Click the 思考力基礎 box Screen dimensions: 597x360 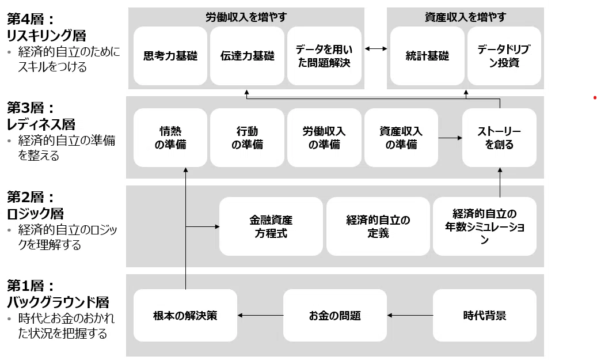pos(170,56)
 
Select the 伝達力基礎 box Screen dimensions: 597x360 pos(247,56)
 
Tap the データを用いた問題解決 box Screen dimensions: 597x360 pos(324,56)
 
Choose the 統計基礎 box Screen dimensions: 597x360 pos(427,56)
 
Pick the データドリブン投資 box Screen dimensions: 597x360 pos(504,56)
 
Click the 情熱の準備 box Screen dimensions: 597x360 pos(170,138)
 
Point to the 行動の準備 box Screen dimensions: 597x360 pos(247,138)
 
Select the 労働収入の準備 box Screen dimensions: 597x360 pos(324,138)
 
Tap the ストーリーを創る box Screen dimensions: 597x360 pos(499,138)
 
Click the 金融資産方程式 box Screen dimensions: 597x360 pos(271,226)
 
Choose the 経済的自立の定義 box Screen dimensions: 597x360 pos(378,226)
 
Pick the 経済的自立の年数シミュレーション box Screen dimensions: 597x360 pos(485,226)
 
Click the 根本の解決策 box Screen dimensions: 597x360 pos(185,316)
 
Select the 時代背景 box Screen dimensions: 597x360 pos(485,316)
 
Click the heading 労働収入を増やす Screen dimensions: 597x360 pos(246,17)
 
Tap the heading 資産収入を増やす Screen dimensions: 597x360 pos(465,17)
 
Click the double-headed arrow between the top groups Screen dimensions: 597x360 pos(376,48)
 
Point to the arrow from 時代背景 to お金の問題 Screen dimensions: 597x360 pos(410,316)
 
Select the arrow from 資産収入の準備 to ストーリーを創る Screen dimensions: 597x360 pos(450,138)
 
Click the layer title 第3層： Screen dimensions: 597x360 pos(31,108)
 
